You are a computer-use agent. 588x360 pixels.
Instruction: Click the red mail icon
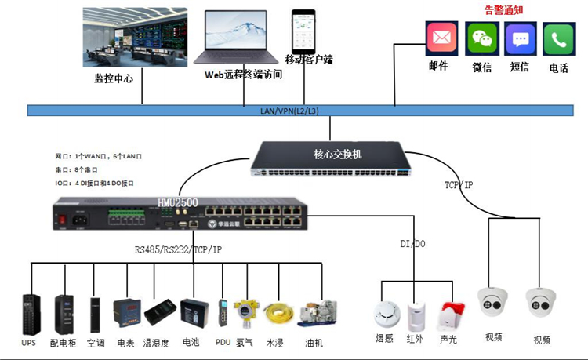(x=441, y=38)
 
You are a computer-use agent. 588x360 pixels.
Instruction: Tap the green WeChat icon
(x=482, y=38)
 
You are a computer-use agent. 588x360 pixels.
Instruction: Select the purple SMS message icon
(x=521, y=38)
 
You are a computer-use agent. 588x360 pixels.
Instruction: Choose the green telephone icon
(x=559, y=38)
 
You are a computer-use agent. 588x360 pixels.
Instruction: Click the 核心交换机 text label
(x=338, y=154)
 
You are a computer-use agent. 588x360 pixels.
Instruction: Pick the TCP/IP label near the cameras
(x=459, y=185)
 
